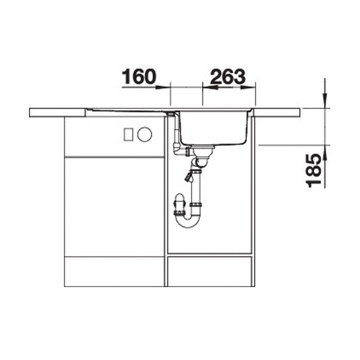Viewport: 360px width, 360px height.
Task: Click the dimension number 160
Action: coord(139,77)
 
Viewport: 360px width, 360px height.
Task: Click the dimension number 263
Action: coord(228,77)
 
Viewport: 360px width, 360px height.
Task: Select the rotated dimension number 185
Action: coord(314,170)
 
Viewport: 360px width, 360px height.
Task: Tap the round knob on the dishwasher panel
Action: coord(145,134)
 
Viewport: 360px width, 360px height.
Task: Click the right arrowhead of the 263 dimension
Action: coord(248,87)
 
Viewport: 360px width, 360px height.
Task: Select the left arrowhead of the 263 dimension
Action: coord(210,87)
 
